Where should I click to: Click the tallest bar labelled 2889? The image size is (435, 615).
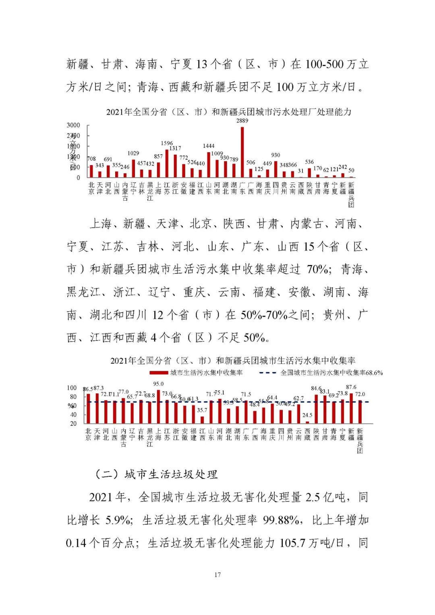coord(242,152)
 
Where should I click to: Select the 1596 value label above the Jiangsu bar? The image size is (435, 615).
coord(167,143)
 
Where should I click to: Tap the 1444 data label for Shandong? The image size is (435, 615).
coord(209,146)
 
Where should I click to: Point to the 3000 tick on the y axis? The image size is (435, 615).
coord(73,125)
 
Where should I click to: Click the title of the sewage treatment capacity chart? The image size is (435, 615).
coord(228,112)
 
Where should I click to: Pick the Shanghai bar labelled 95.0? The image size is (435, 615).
coord(158,406)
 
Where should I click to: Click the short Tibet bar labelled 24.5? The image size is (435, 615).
coord(307,422)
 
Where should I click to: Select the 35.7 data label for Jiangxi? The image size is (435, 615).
coord(202,410)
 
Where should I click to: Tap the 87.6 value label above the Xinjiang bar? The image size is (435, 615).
coord(351,387)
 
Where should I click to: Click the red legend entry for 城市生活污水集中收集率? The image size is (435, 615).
coord(196,373)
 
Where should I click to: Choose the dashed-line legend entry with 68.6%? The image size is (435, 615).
coord(321,373)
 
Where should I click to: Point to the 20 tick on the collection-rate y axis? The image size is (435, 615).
coord(73,423)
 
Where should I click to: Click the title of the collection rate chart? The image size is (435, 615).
coord(232,360)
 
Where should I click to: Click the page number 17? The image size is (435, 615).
coord(217,575)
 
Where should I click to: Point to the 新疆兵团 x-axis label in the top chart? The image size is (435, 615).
coord(351,195)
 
